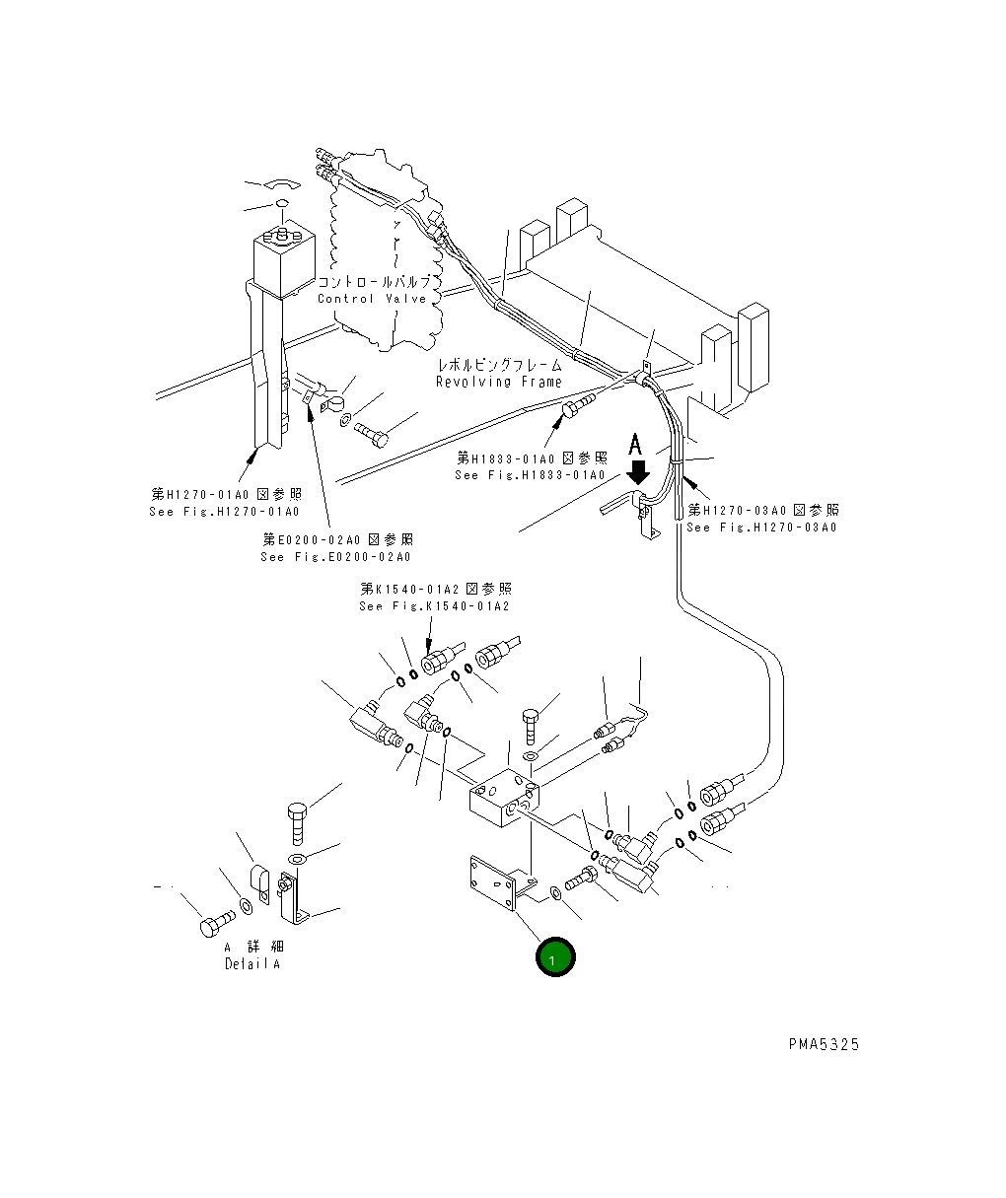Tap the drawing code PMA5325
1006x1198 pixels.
click(x=823, y=1044)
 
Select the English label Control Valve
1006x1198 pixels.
click(x=372, y=299)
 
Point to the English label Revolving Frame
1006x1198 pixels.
click(x=499, y=382)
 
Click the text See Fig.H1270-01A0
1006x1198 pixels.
click(x=225, y=512)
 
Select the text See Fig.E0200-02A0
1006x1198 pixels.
click(x=336, y=557)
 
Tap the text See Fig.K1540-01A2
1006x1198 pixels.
click(x=435, y=606)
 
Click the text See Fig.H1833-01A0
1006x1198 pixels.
click(x=530, y=475)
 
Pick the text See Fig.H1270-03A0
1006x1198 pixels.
click(x=761, y=528)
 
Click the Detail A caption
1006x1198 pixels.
click(x=251, y=964)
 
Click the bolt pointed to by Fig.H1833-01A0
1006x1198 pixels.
click(x=577, y=408)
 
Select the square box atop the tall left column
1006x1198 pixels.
click(x=283, y=258)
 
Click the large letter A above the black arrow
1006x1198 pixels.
click(x=636, y=442)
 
